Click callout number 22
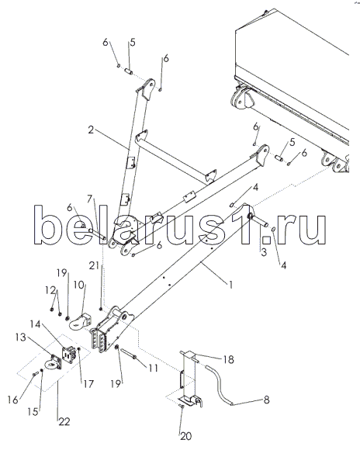[x=64, y=421]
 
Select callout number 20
[x=185, y=436]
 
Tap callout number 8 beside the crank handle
[x=266, y=400]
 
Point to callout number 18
[x=229, y=359]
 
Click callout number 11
[x=153, y=368]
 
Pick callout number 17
[x=88, y=384]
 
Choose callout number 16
[x=13, y=400]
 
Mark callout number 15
[x=33, y=411]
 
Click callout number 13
[x=21, y=338]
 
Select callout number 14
[x=35, y=324]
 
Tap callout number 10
[x=78, y=285]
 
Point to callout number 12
[x=50, y=290]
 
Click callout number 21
[x=94, y=265]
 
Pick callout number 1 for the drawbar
[x=230, y=284]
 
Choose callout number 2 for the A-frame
[x=91, y=130]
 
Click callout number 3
[x=264, y=252]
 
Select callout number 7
[x=90, y=199]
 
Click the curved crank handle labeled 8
[x=220, y=386]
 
